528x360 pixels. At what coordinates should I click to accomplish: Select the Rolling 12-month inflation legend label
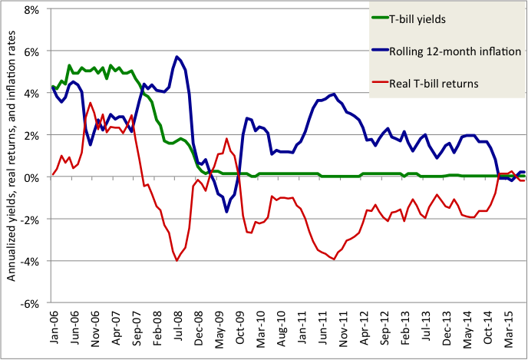pos(455,52)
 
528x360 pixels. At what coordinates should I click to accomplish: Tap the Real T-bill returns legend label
pos(440,82)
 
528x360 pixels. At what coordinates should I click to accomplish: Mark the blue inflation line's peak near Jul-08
pos(177,56)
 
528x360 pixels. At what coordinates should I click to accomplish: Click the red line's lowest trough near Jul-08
pos(177,260)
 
